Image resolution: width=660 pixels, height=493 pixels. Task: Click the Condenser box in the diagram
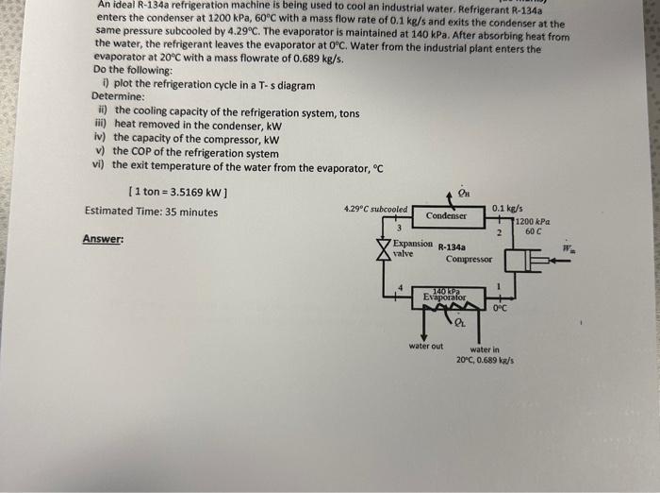tap(447, 216)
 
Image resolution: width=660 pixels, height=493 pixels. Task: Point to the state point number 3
tap(399, 227)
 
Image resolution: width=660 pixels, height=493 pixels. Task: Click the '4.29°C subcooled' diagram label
tap(375, 208)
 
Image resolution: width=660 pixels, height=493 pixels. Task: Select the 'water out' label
tap(426, 346)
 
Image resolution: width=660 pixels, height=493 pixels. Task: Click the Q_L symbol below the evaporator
tap(460, 325)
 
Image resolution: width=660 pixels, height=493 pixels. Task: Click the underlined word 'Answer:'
tap(103, 239)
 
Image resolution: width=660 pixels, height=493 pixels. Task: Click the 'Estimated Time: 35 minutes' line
tap(151, 212)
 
